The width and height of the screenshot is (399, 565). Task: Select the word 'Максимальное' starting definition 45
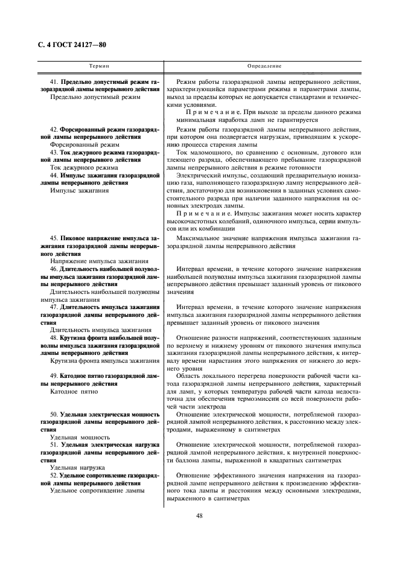tap(199, 238)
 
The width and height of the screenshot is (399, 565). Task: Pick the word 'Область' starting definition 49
tap(190, 375)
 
